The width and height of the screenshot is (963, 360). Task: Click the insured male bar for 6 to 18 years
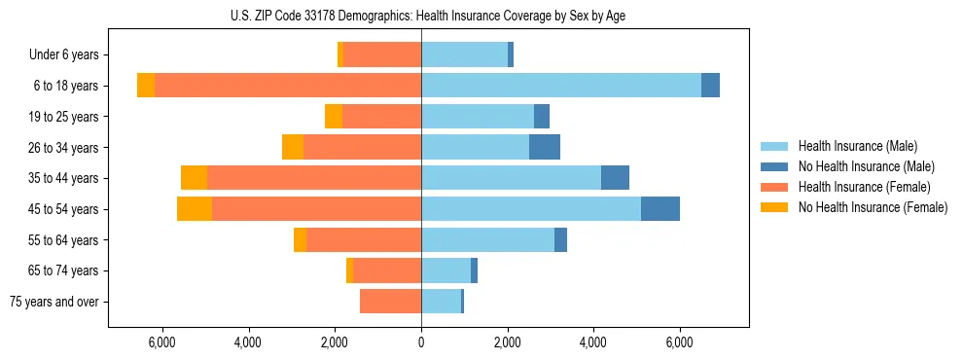[561, 86]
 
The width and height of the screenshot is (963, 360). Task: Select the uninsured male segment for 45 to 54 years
[660, 209]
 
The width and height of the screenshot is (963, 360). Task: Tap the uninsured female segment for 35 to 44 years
[194, 178]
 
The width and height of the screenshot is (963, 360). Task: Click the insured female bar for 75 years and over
[390, 302]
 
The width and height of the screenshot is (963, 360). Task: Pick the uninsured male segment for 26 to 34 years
[545, 147]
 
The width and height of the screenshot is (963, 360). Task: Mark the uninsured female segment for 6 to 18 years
[146, 86]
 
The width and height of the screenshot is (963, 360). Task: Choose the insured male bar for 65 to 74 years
[446, 270]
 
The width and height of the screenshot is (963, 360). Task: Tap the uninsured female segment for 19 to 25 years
[334, 117]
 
